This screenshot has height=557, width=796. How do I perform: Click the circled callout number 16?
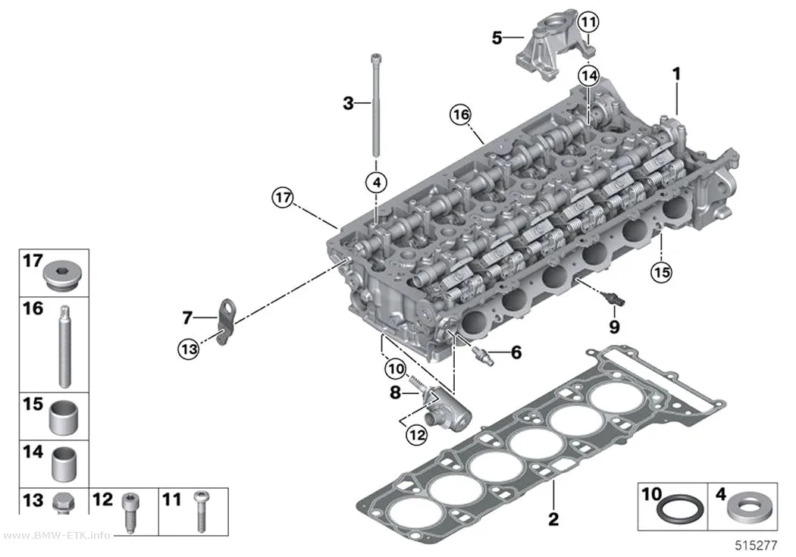[x=460, y=114]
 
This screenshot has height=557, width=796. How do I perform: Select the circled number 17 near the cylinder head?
[x=283, y=197]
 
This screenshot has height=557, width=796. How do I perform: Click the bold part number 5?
[x=497, y=38]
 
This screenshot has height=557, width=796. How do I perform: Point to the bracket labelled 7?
[x=224, y=321]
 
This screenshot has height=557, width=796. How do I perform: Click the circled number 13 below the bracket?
[x=188, y=349]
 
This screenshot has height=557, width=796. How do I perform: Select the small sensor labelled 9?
[x=613, y=299]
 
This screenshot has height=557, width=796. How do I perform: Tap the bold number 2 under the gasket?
[x=553, y=518]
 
